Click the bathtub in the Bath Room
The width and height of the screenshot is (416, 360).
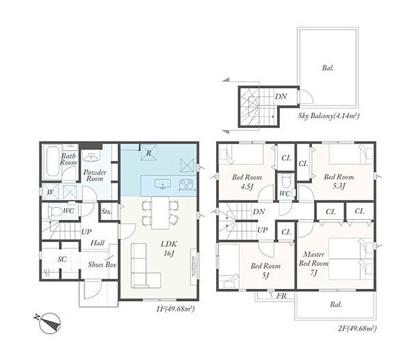[x=52, y=161]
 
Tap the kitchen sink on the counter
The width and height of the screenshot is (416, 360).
[x=162, y=184]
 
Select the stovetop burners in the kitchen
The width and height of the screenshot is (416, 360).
[x=187, y=184]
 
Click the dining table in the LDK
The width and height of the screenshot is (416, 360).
[x=160, y=213]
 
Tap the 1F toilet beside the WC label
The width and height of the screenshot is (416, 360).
[x=54, y=212]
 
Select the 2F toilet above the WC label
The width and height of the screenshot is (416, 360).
[x=285, y=180]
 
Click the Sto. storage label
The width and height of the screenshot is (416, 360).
[x=107, y=212]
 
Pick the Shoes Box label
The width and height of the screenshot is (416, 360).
[x=102, y=264]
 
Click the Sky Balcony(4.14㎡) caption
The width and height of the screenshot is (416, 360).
[x=329, y=116]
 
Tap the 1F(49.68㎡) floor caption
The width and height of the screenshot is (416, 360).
[x=175, y=308]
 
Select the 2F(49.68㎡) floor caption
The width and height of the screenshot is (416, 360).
[x=357, y=328]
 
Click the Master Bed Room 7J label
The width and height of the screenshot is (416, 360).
[x=313, y=263]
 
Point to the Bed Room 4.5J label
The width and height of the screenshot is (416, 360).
[x=247, y=182]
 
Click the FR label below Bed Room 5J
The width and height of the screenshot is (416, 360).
[x=282, y=296]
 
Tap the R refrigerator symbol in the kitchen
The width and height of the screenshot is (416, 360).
[x=148, y=152]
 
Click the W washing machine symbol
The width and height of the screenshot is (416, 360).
[x=50, y=192]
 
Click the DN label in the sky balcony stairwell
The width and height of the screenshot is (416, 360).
[x=280, y=97]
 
